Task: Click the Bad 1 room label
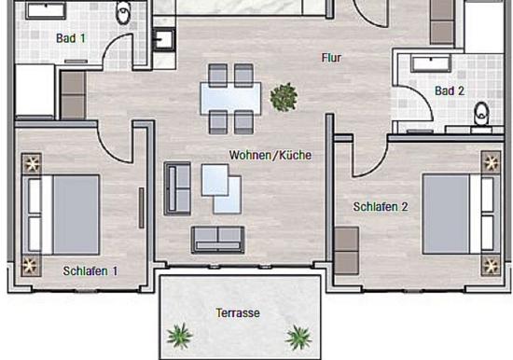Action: point(71,38)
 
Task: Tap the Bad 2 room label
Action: point(450,90)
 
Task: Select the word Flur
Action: point(331,58)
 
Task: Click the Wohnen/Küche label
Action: point(270,155)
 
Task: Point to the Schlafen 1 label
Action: point(90,271)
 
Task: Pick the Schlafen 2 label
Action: point(381,207)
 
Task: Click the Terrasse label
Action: point(238,312)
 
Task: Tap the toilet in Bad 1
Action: point(124,12)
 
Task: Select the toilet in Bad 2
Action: point(481,114)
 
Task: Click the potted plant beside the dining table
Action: point(284,97)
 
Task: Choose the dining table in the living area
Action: point(231,98)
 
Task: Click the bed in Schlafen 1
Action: point(61,215)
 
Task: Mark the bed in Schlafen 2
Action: point(462,214)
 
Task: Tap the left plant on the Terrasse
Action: point(179,336)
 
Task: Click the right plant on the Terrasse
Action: point(298,337)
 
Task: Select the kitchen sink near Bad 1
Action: point(164,39)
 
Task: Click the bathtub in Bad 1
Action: point(46,10)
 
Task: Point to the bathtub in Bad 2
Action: point(431,63)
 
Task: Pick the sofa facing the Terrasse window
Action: point(218,240)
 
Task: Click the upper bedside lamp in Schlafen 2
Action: point(491,162)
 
